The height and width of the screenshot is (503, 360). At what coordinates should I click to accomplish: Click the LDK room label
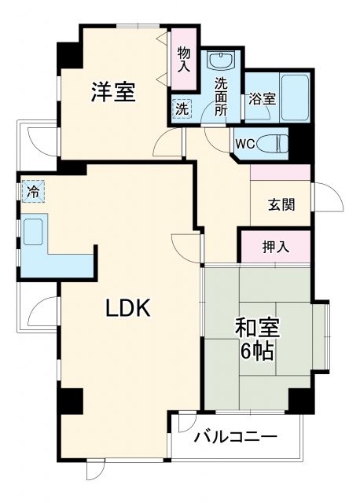tap(128, 308)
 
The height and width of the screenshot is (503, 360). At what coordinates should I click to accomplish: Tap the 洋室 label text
tap(112, 93)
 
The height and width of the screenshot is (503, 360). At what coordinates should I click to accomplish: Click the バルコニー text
tap(235, 435)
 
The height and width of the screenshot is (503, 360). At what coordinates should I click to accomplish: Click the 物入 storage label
tap(184, 60)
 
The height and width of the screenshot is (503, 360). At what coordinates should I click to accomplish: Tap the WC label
tap(242, 144)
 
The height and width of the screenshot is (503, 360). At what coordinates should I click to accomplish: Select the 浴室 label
tap(262, 99)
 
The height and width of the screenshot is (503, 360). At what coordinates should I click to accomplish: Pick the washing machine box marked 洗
tap(181, 109)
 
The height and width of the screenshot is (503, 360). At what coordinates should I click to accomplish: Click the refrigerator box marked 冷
tap(34, 190)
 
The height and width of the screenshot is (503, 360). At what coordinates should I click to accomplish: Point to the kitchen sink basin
tap(35, 233)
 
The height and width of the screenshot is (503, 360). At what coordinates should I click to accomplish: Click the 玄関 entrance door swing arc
tap(328, 199)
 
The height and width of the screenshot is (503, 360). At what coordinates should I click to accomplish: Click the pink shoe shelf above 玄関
tap(281, 172)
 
